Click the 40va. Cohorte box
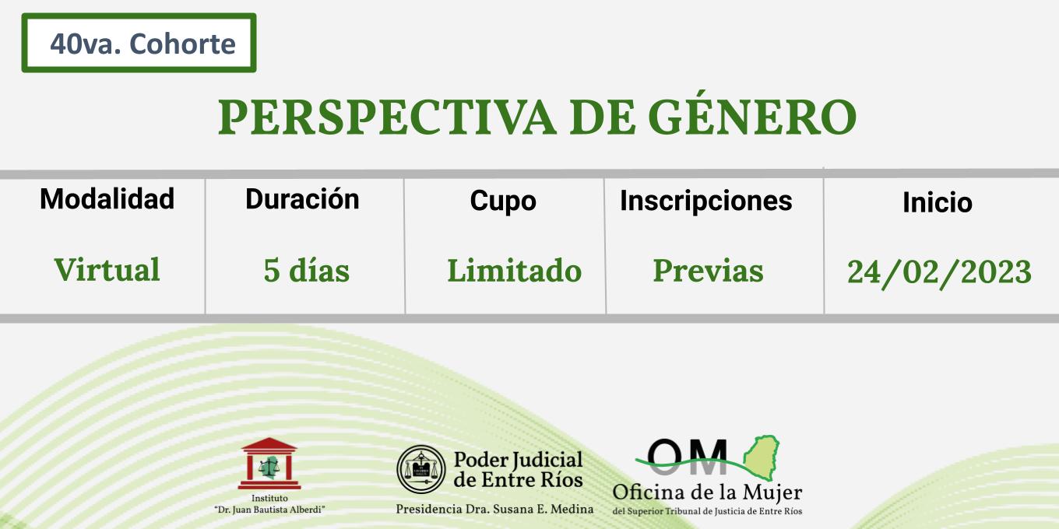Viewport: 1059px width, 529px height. point(139,43)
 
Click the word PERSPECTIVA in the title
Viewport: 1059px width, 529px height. point(387,117)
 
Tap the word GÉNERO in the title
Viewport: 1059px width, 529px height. point(752,114)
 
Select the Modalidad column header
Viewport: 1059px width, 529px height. point(107,198)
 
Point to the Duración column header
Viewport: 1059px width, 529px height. point(303,199)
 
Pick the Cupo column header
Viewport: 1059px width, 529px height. point(503,201)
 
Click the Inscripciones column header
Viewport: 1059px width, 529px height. point(705,201)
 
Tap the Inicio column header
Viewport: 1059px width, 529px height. point(937,202)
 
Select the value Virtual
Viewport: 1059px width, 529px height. point(107,270)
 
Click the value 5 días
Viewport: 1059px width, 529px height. point(306,271)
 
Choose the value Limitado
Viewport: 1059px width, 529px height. point(515,271)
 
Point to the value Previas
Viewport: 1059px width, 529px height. point(709,271)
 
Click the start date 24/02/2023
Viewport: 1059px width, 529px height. point(939,272)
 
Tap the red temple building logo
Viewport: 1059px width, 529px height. point(269,464)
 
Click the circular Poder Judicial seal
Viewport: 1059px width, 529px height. point(420,469)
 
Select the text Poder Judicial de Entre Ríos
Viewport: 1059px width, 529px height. point(518,470)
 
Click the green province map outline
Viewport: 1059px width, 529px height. point(761,458)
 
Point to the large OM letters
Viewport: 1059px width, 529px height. point(687,457)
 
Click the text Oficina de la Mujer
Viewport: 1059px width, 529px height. point(707,493)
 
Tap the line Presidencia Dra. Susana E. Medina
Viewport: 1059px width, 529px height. point(494,509)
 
